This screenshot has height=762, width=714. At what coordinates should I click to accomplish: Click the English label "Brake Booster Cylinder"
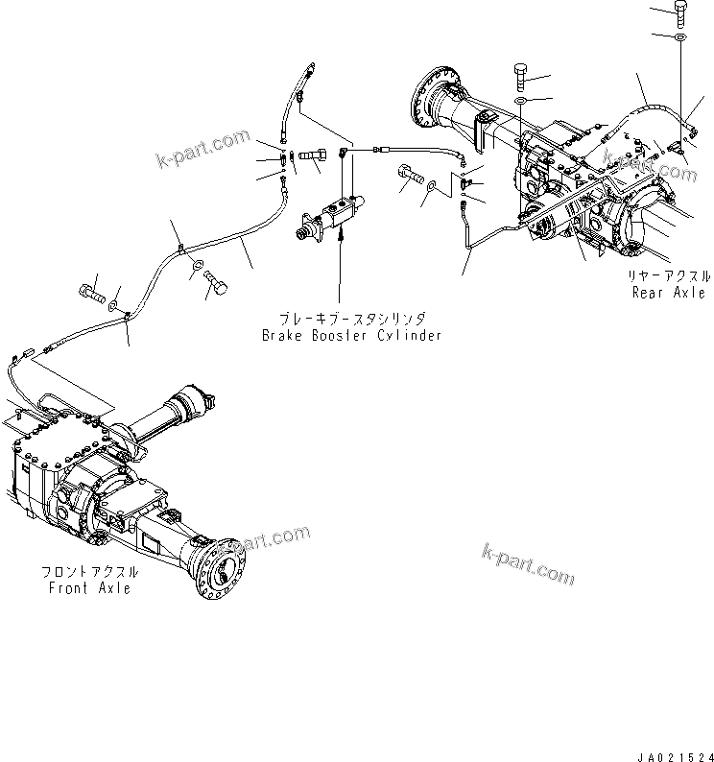(352, 336)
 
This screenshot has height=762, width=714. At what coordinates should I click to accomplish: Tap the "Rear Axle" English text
(668, 292)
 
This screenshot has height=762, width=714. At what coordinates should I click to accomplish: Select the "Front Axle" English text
(89, 587)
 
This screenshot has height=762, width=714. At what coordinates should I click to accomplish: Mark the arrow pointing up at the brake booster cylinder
(339, 278)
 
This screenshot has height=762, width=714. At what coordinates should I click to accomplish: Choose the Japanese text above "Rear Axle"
(668, 274)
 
